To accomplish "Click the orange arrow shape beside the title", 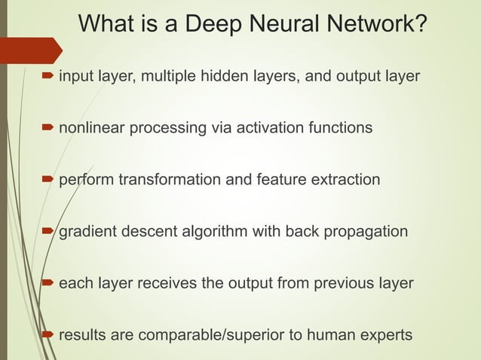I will [30, 50].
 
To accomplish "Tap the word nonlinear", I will [91, 128].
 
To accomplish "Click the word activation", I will [268, 128].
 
